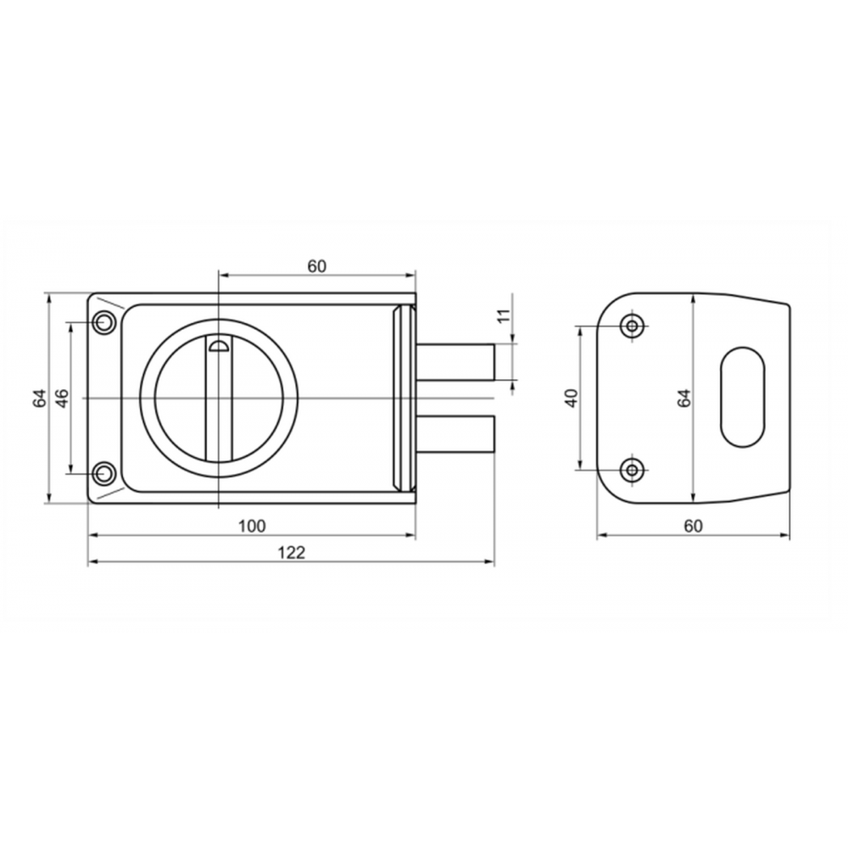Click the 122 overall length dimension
pyautogui.click(x=292, y=553)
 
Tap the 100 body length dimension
pyautogui.click(x=252, y=526)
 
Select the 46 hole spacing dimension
pyautogui.click(x=62, y=398)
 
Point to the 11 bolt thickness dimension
pyautogui.click(x=504, y=315)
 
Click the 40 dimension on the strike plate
pyautogui.click(x=572, y=398)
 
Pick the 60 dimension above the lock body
pyautogui.click(x=317, y=266)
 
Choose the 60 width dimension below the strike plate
pyautogui.click(x=694, y=526)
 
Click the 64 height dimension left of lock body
pyautogui.click(x=40, y=398)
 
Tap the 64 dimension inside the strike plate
pyautogui.click(x=684, y=398)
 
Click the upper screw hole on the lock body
pyautogui.click(x=103, y=323)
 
